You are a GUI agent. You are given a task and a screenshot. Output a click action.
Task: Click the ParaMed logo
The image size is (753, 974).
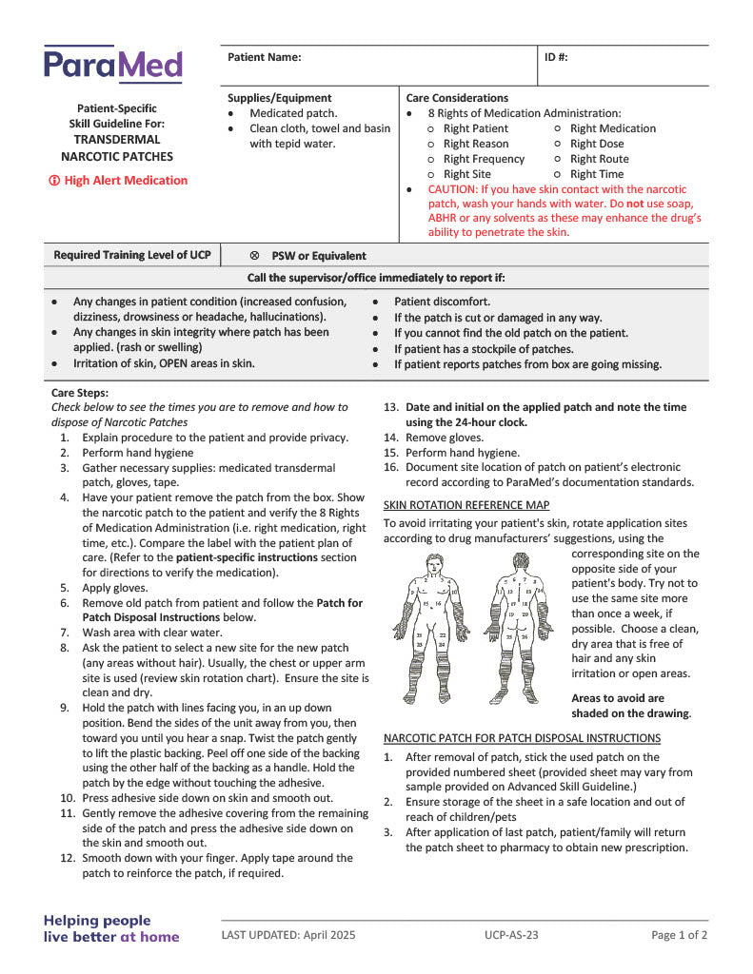click(x=113, y=65)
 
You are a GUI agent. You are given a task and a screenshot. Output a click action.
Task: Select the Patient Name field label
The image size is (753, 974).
click(x=264, y=57)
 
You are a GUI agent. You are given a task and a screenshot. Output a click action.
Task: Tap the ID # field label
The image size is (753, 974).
click(x=556, y=57)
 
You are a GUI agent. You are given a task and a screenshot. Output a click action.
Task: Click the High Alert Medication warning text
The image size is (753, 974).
click(x=119, y=181)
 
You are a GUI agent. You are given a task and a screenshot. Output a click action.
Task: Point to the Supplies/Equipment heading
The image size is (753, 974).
click(x=279, y=98)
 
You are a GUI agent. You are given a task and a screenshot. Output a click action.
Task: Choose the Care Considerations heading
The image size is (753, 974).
click(x=457, y=98)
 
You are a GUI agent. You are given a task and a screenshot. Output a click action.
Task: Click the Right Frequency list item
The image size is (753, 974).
click(x=484, y=159)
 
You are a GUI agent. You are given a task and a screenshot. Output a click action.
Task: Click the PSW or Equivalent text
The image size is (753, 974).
click(x=318, y=256)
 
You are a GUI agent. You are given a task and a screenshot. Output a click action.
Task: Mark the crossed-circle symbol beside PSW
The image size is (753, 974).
click(x=254, y=256)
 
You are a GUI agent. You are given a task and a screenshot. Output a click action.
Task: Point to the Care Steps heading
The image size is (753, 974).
click(x=80, y=392)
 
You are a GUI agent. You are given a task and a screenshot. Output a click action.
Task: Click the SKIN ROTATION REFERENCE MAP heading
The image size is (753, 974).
click(x=466, y=505)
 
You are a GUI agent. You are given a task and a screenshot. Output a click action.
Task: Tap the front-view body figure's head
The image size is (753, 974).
click(x=435, y=562)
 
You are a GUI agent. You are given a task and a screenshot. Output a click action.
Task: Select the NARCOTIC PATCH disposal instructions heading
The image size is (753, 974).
click(x=522, y=738)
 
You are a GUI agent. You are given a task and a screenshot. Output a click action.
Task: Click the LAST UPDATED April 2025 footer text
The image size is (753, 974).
click(x=288, y=935)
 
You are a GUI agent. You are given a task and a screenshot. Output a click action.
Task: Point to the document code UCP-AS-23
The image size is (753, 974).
click(x=511, y=935)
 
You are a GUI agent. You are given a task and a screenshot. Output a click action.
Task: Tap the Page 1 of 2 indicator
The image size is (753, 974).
click(x=679, y=935)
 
